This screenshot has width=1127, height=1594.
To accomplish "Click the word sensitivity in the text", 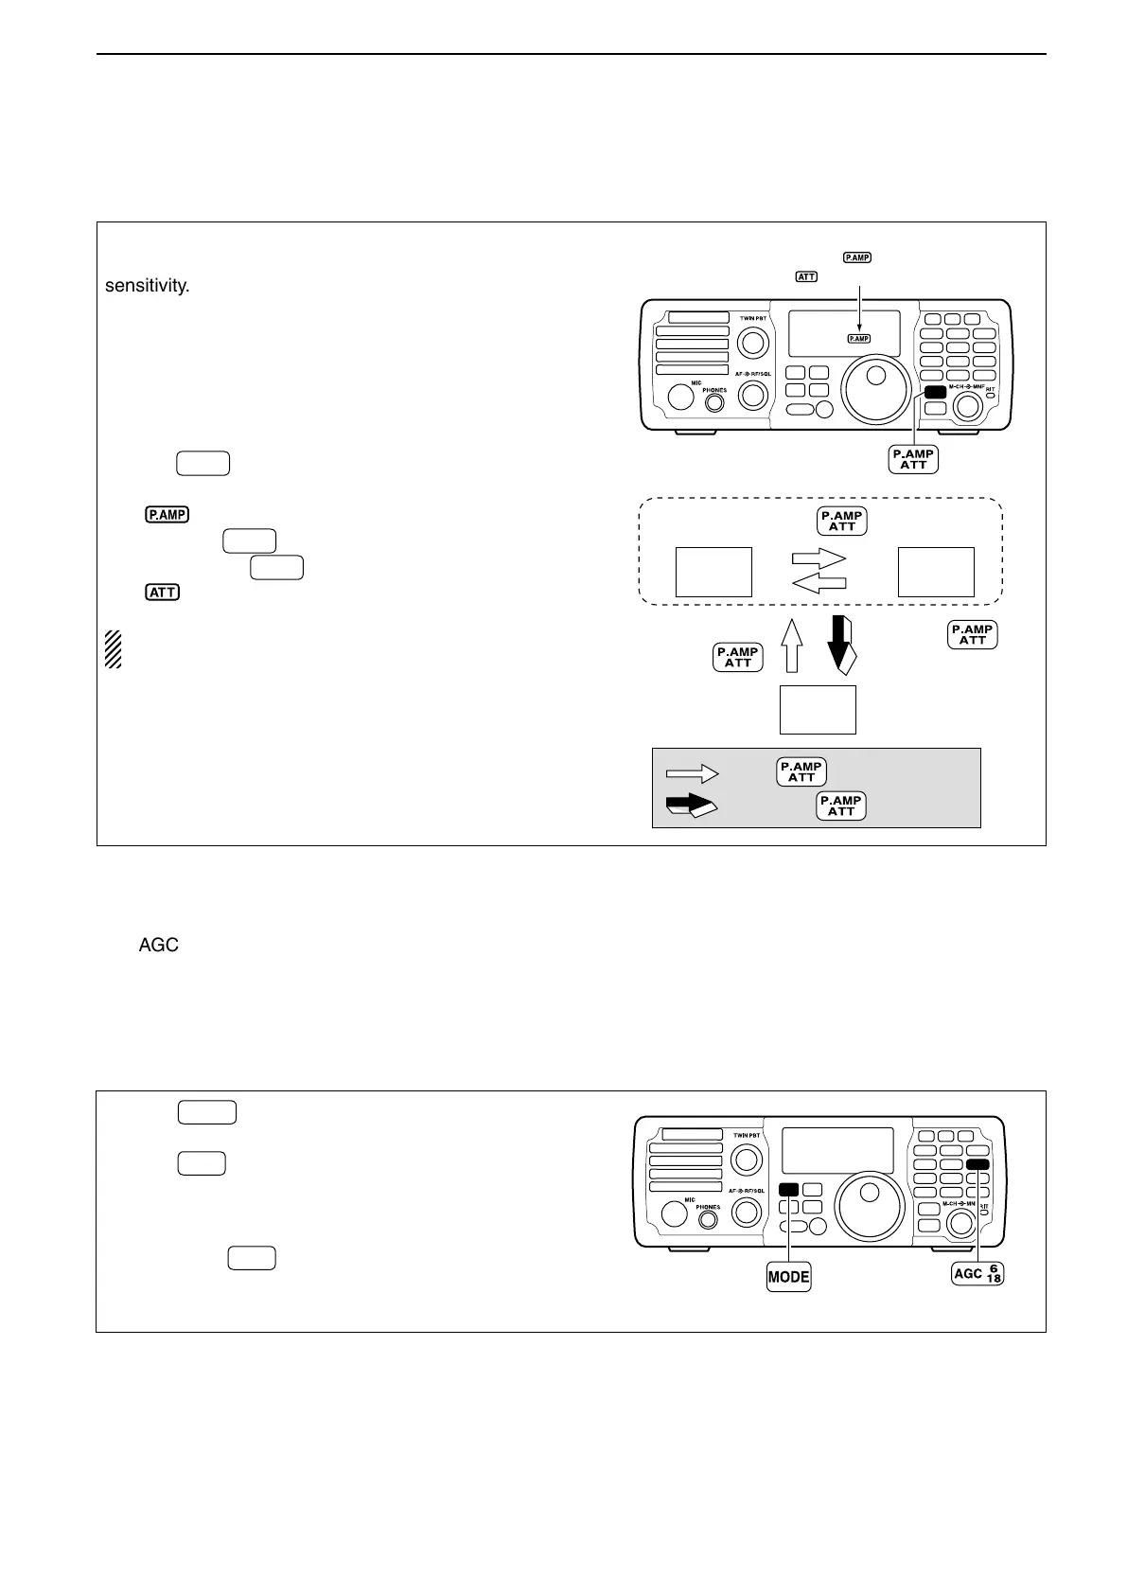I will pyautogui.click(x=148, y=286).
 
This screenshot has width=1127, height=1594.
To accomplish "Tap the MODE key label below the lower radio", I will pyautogui.click(x=788, y=1277).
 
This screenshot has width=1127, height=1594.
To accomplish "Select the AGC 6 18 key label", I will pyautogui.click(x=977, y=1274).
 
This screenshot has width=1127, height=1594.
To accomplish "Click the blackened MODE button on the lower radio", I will pyautogui.click(x=788, y=1191).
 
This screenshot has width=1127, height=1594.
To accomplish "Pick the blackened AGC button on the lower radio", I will pyautogui.click(x=978, y=1164).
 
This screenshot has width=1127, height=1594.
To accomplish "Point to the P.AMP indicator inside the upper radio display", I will pyautogui.click(x=858, y=339).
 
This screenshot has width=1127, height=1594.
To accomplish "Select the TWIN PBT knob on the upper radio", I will pyautogui.click(x=753, y=342).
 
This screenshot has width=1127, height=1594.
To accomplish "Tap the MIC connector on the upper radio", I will pyautogui.click(x=681, y=396).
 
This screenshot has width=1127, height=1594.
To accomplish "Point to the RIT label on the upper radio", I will pyautogui.click(x=991, y=388).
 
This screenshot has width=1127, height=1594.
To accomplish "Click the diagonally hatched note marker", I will pyautogui.click(x=114, y=649).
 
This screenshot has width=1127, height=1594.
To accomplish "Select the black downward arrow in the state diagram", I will pyautogui.click(x=840, y=644).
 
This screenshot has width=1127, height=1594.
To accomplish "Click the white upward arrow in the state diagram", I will pyautogui.click(x=792, y=646).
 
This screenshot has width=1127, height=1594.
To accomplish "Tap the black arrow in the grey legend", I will pyautogui.click(x=691, y=806).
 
